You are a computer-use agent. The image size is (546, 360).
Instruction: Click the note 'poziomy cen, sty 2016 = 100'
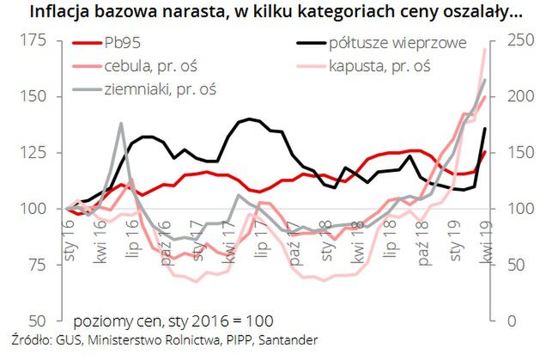(173, 320)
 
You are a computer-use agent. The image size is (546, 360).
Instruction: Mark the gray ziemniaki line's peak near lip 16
(121, 124)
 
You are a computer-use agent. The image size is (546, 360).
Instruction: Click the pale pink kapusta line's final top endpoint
(485, 49)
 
